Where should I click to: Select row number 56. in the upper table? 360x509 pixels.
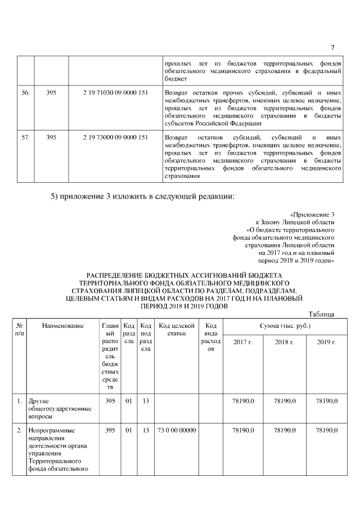click(x=25, y=92)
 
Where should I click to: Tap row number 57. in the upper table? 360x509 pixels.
click(x=25, y=137)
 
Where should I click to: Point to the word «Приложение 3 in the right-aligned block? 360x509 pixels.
click(x=312, y=215)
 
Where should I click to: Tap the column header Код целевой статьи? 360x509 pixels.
click(x=177, y=330)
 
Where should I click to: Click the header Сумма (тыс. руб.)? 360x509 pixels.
click(x=285, y=326)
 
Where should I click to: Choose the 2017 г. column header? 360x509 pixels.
click(x=243, y=342)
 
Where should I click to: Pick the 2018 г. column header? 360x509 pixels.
click(x=285, y=342)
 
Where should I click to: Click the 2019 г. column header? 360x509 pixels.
click(x=326, y=342)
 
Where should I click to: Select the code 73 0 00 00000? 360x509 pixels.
click(x=177, y=430)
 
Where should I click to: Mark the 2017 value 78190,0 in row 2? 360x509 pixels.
click(x=243, y=430)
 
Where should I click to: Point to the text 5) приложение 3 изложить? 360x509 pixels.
click(x=101, y=196)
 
